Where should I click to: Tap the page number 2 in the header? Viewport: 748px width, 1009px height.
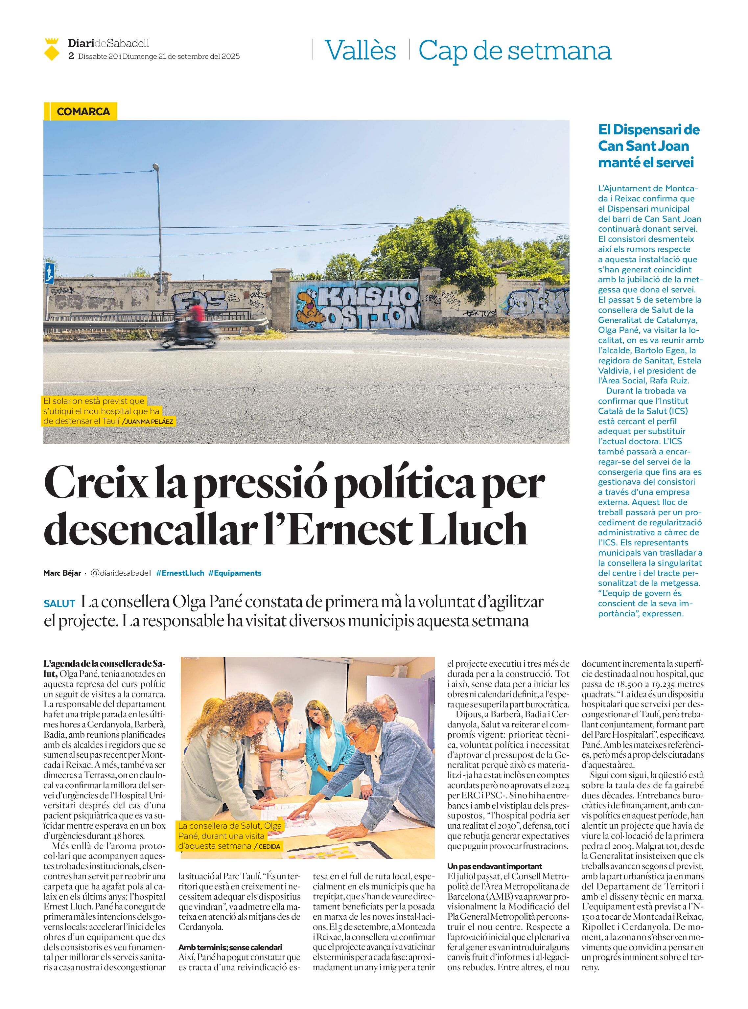point(71,57)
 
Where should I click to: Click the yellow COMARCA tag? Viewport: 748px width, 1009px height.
point(83,112)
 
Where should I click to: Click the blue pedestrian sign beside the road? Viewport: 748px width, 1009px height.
point(49,272)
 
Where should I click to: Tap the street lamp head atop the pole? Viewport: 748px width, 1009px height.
point(156,168)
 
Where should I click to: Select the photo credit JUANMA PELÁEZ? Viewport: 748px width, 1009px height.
point(149,422)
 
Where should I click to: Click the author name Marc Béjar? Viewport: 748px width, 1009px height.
point(62,573)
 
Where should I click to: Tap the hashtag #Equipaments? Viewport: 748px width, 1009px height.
point(235,573)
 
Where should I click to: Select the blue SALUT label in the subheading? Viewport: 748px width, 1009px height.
point(59,604)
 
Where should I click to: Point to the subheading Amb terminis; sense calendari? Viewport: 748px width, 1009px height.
point(230,947)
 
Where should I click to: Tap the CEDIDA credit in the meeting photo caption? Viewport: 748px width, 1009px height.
point(269,846)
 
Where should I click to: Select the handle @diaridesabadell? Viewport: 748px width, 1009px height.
point(121,573)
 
